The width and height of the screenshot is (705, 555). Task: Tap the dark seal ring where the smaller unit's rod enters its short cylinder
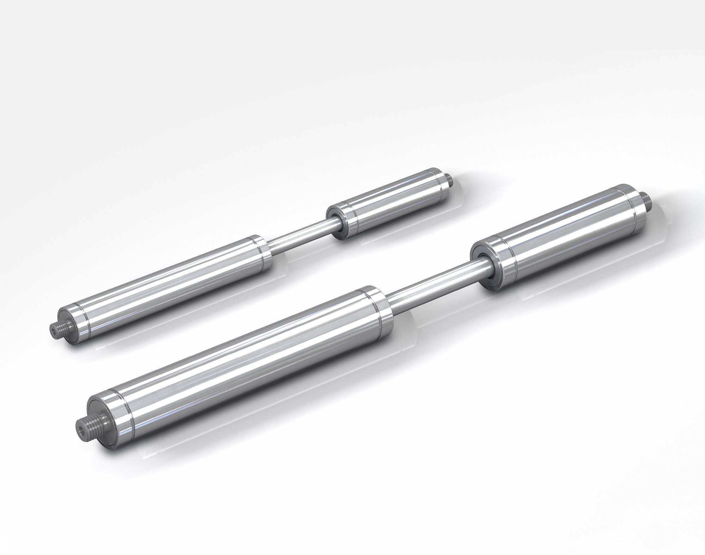[334, 222]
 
